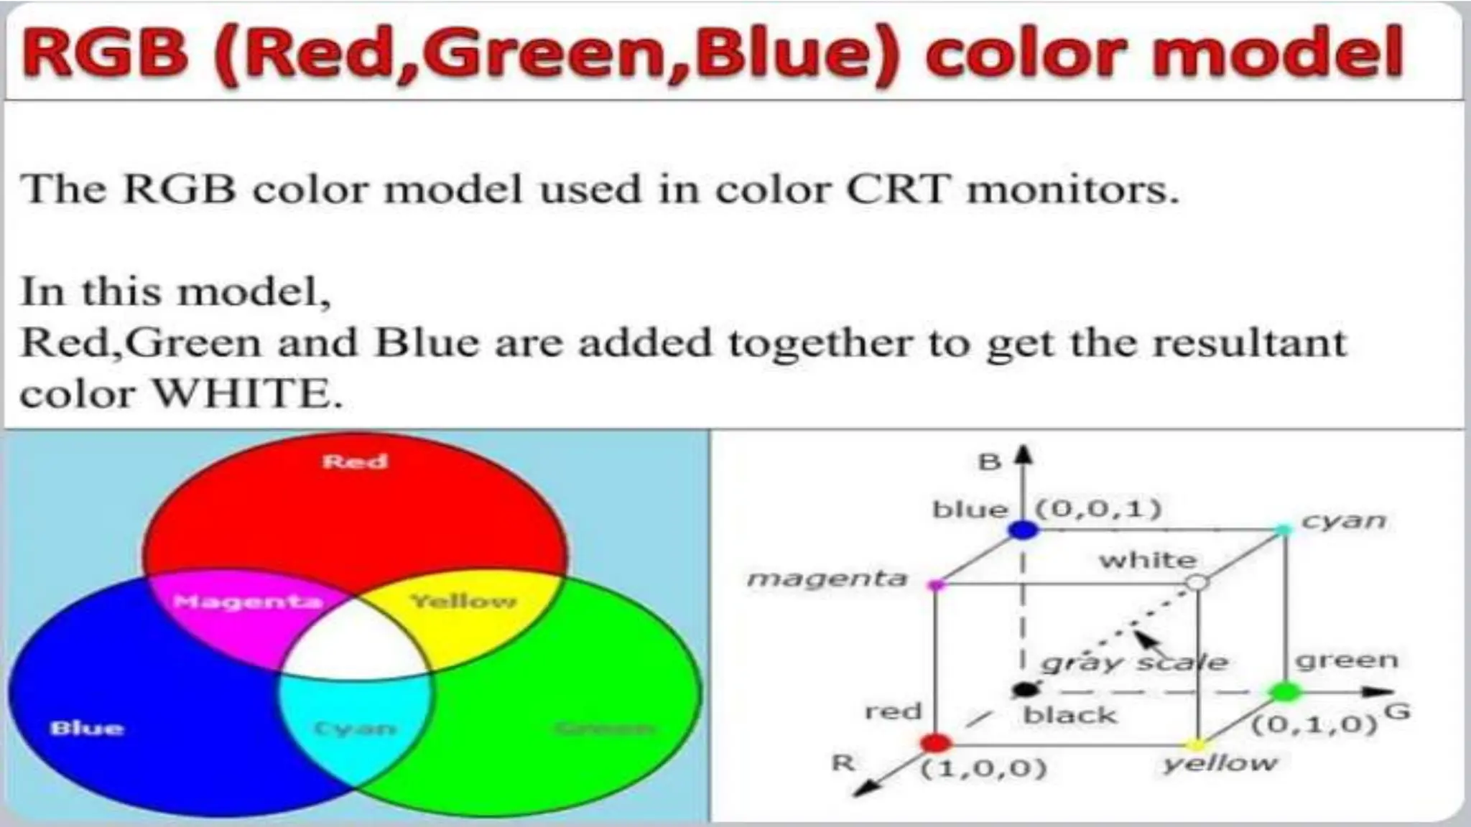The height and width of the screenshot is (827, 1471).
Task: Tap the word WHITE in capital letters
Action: pyautogui.click(x=248, y=393)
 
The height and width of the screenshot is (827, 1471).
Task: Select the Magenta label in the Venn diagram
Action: pyautogui.click(x=248, y=601)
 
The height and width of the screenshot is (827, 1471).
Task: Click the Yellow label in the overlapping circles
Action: pyautogui.click(x=463, y=601)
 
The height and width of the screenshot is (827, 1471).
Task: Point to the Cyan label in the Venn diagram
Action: pyautogui.click(x=355, y=729)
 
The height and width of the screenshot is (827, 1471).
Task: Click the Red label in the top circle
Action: pyautogui.click(x=355, y=461)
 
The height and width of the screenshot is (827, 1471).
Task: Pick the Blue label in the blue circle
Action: pyautogui.click(x=87, y=728)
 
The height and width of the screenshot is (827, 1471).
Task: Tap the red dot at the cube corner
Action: pyautogui.click(x=935, y=743)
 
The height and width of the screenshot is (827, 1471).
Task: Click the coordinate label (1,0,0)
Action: pyautogui.click(x=984, y=769)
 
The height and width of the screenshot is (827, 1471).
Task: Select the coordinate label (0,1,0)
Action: pyautogui.click(x=1314, y=724)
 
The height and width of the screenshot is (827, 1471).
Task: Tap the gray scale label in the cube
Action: pyautogui.click(x=1135, y=662)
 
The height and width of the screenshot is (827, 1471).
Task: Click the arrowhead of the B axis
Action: pyautogui.click(x=1025, y=454)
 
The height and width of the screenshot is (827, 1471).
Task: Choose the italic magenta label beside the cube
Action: pyautogui.click(x=827, y=579)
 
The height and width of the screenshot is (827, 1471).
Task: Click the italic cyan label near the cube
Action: pyautogui.click(x=1343, y=520)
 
